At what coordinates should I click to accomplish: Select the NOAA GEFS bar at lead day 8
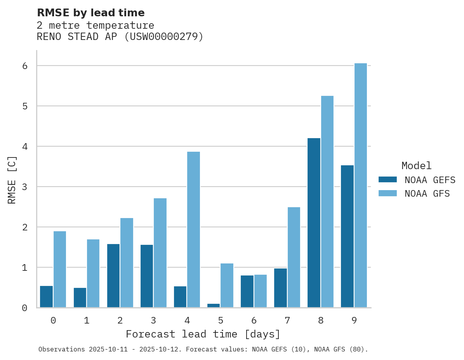click(314, 223)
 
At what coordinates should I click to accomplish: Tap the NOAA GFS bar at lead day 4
click(193, 230)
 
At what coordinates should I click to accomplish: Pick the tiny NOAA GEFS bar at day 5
click(214, 306)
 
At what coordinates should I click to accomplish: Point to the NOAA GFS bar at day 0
click(60, 270)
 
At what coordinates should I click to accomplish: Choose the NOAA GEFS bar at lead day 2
click(113, 276)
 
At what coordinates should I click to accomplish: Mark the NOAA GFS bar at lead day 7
click(294, 257)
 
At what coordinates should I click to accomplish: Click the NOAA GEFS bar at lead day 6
click(247, 291)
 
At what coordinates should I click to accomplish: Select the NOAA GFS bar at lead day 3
click(160, 253)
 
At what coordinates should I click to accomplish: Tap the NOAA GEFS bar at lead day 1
click(80, 298)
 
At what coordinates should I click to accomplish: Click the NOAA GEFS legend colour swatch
click(388, 179)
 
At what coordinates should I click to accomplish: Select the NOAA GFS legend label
click(427, 193)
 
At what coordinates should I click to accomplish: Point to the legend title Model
click(416, 166)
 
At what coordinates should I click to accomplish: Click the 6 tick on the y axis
click(25, 66)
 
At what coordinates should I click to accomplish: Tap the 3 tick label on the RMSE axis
click(25, 187)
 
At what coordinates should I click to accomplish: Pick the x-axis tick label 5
click(221, 320)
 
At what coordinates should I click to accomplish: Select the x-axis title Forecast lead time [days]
click(203, 334)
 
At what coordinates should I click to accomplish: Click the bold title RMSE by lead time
click(90, 13)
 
